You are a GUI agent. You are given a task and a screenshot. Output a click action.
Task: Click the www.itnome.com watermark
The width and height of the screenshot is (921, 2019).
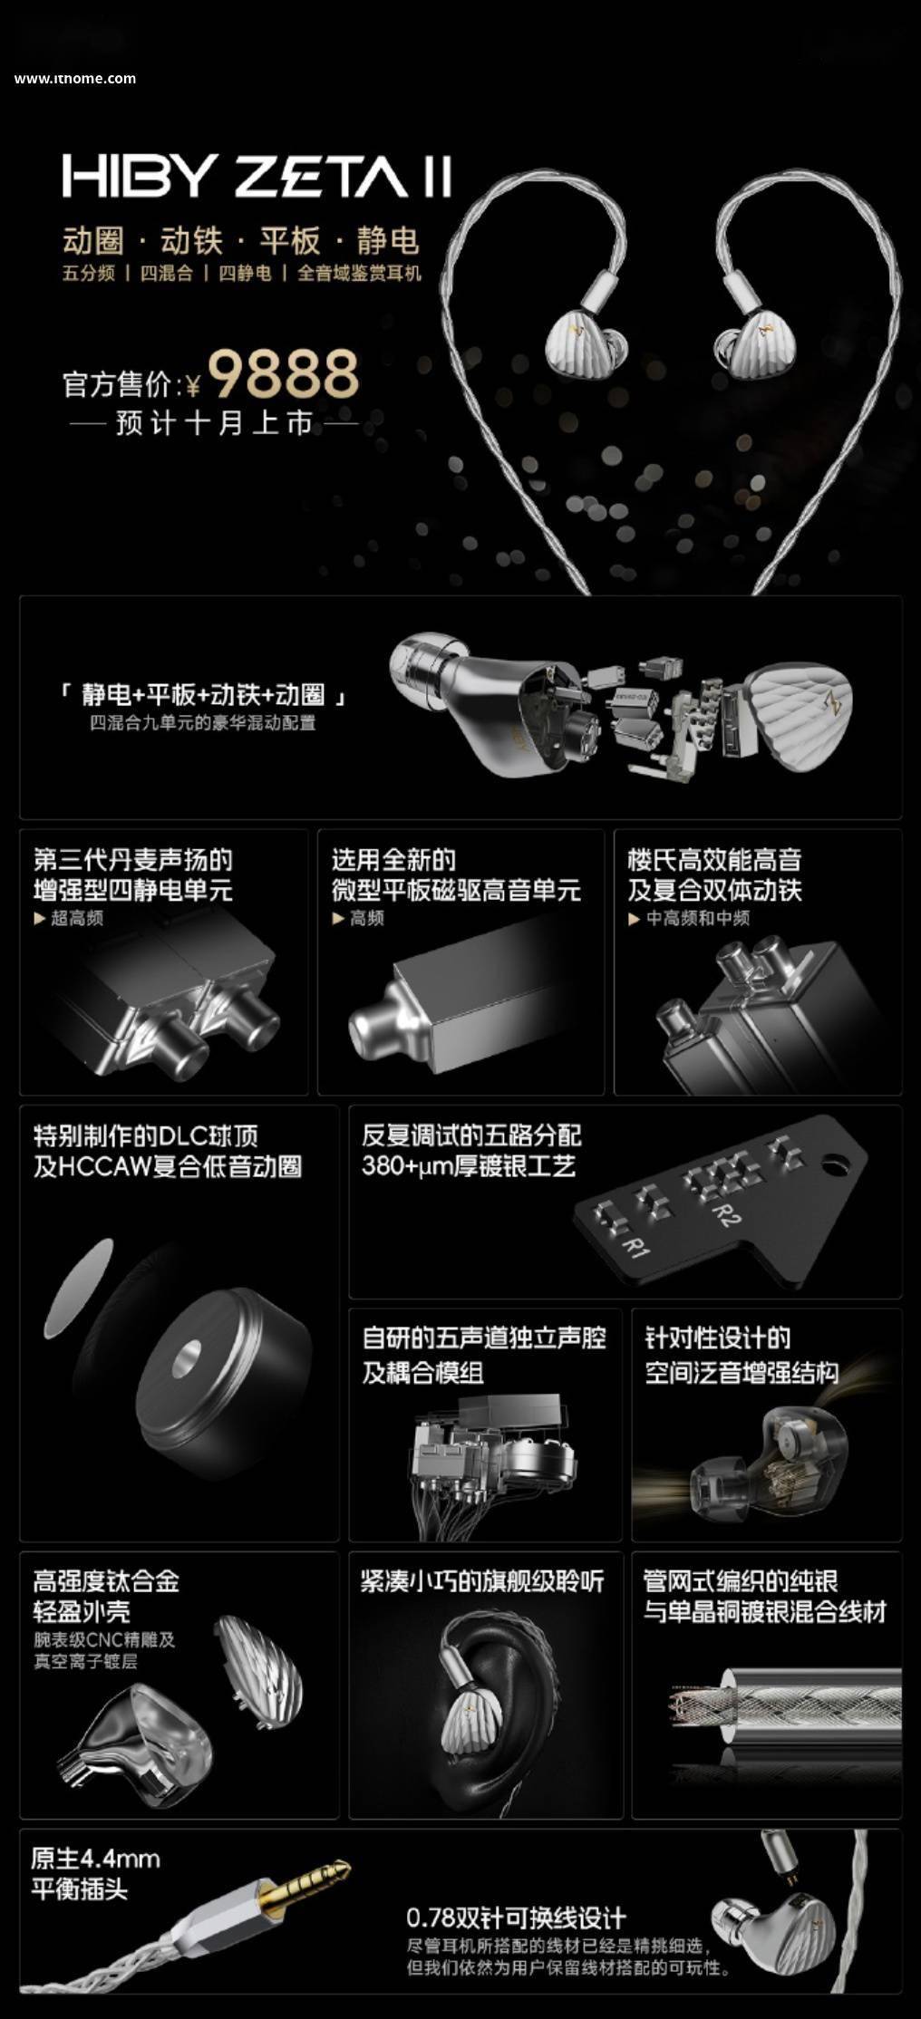pyautogui.click(x=75, y=79)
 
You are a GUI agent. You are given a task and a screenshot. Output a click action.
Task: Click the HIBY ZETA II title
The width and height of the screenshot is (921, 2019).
pyautogui.click(x=257, y=176)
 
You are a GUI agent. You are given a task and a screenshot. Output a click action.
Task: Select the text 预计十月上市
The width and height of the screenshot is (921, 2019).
pyautogui.click(x=215, y=423)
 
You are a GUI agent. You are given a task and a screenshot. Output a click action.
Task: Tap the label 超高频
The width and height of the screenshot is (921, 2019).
pyautogui.click(x=77, y=918)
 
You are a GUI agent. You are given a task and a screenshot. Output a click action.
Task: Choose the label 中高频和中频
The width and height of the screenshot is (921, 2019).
pyautogui.click(x=698, y=918)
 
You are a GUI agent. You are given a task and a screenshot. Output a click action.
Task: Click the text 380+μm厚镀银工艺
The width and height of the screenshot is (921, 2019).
pyautogui.click(x=469, y=1165)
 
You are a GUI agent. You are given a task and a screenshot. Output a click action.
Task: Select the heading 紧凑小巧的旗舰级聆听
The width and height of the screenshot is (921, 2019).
pyautogui.click(x=481, y=1582)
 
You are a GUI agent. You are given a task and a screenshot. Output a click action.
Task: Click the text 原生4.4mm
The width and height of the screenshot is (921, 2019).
pyautogui.click(x=95, y=1859)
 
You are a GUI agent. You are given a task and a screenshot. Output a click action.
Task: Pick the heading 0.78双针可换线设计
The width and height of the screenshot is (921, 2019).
pyautogui.click(x=516, y=1918)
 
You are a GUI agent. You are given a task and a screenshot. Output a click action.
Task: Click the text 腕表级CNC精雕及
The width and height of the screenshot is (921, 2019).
pyautogui.click(x=104, y=1639)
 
